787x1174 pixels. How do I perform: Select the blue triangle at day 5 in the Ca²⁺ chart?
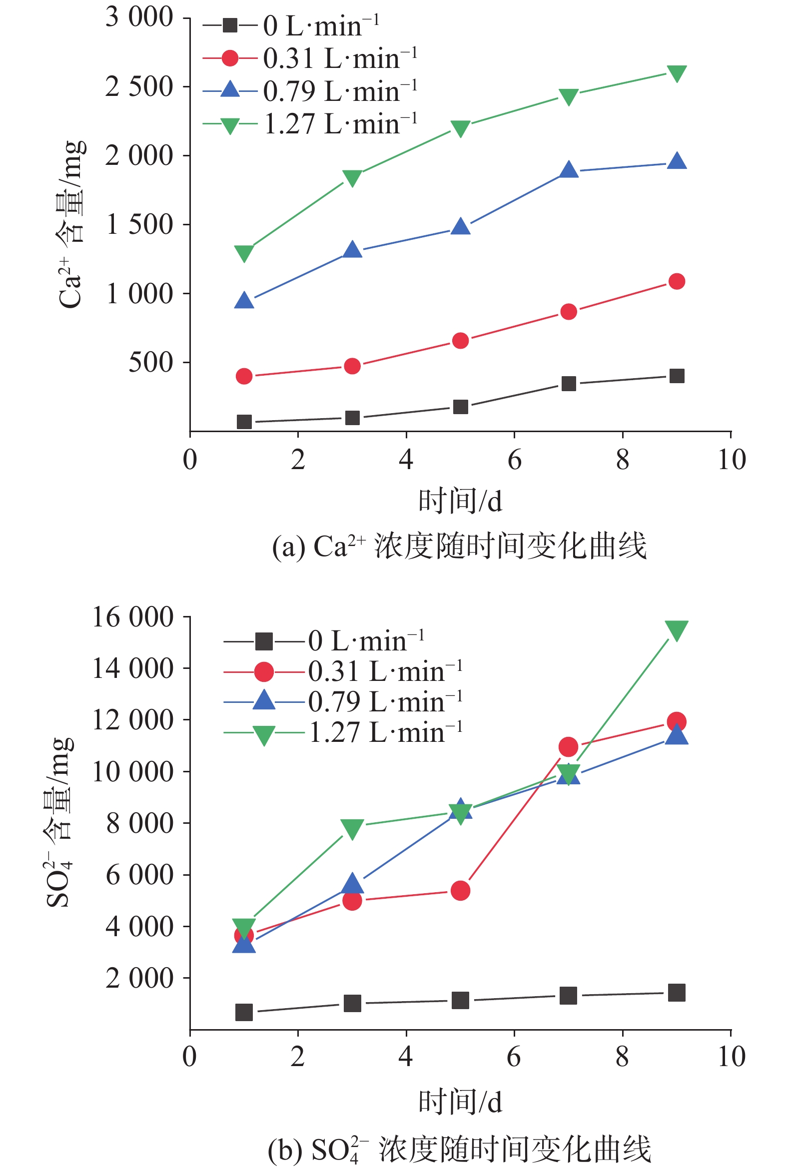click(460, 227)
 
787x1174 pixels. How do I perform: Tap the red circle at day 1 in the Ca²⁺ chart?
click(244, 376)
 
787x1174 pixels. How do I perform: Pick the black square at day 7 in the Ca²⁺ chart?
click(568, 384)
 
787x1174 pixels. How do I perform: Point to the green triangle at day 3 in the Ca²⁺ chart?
click(352, 178)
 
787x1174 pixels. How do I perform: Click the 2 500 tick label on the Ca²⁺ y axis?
click(139, 87)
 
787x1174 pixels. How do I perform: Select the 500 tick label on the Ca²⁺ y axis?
click(150, 362)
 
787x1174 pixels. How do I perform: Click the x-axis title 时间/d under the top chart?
click(460, 501)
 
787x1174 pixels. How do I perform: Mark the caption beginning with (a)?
click(459, 547)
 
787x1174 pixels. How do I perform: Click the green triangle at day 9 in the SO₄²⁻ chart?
click(677, 630)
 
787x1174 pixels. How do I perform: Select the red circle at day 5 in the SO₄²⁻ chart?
click(460, 891)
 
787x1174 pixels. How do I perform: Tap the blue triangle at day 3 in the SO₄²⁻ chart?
click(352, 884)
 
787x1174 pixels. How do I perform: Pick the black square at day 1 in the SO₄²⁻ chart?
click(244, 1013)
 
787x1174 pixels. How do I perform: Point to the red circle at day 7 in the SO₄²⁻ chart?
click(568, 747)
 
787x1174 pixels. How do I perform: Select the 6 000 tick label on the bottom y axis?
click(139, 874)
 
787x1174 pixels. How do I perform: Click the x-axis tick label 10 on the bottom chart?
click(732, 1057)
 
